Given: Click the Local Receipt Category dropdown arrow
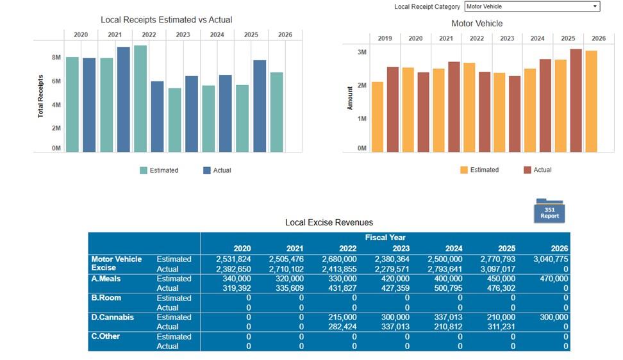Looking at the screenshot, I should (595, 6).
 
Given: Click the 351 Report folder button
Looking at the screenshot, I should (549, 212).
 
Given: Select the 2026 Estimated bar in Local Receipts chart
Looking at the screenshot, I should (276, 112).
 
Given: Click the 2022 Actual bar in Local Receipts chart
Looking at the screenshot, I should (157, 117).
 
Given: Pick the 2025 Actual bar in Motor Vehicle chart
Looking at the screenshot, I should (576, 101).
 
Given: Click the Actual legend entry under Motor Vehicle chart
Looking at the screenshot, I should (537, 170).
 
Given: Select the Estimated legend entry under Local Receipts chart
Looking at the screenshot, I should (159, 170).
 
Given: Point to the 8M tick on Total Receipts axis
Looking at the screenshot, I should (56, 58).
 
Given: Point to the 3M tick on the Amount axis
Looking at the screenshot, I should (362, 52).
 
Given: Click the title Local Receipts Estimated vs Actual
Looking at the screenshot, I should (166, 20).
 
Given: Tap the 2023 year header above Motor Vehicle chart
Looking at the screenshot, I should (507, 38).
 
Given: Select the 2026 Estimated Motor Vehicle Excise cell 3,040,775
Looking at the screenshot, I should (551, 259).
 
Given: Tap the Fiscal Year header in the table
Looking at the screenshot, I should (385, 238).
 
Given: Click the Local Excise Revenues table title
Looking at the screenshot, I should (329, 222).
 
